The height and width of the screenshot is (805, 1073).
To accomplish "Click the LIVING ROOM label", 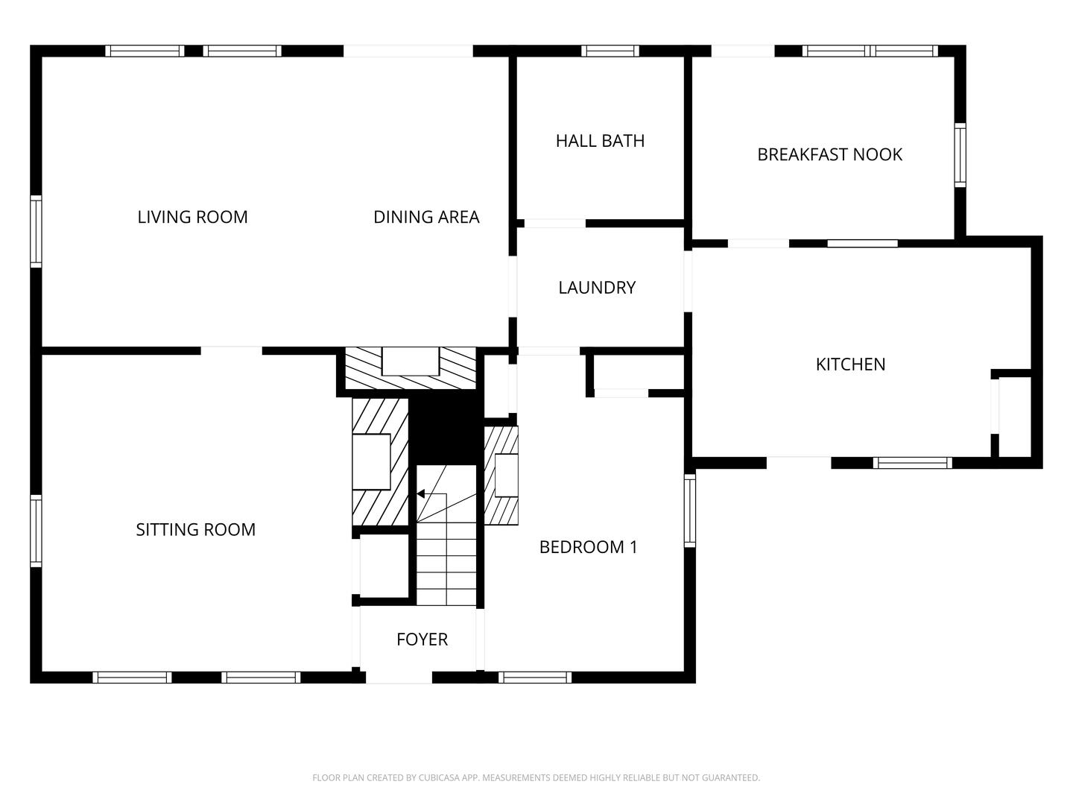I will tap(192, 217).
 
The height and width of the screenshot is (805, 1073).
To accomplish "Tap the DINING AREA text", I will tap(426, 217).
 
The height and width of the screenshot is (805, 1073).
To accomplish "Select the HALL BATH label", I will tap(600, 141).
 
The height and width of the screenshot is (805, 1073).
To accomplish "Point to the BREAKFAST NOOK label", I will tap(829, 154).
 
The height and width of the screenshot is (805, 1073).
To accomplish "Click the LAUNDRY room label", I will tap(597, 288).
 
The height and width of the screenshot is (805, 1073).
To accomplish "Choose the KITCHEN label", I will tap(850, 364).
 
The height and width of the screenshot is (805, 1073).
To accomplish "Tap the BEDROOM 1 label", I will tap(588, 547).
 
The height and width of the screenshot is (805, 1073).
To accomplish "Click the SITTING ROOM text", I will tap(195, 530).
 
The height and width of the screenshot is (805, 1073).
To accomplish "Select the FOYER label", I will tap(422, 640).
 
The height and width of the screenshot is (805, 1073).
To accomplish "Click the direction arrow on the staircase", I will tap(421, 493).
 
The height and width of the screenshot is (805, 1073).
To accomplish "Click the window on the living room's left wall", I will tap(36, 231).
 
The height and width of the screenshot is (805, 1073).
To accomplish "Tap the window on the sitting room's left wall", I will tap(36, 531).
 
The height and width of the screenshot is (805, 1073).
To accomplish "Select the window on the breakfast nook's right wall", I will tap(960, 155).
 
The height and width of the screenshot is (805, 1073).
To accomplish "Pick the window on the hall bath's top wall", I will tap(610, 51).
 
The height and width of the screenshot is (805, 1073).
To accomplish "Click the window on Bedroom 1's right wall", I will tap(690, 511).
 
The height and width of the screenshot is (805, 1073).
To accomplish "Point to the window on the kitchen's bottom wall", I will tap(912, 463).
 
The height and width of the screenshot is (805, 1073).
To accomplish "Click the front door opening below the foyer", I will tap(399, 678).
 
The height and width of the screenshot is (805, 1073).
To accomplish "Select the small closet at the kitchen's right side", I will tap(1014, 417).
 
